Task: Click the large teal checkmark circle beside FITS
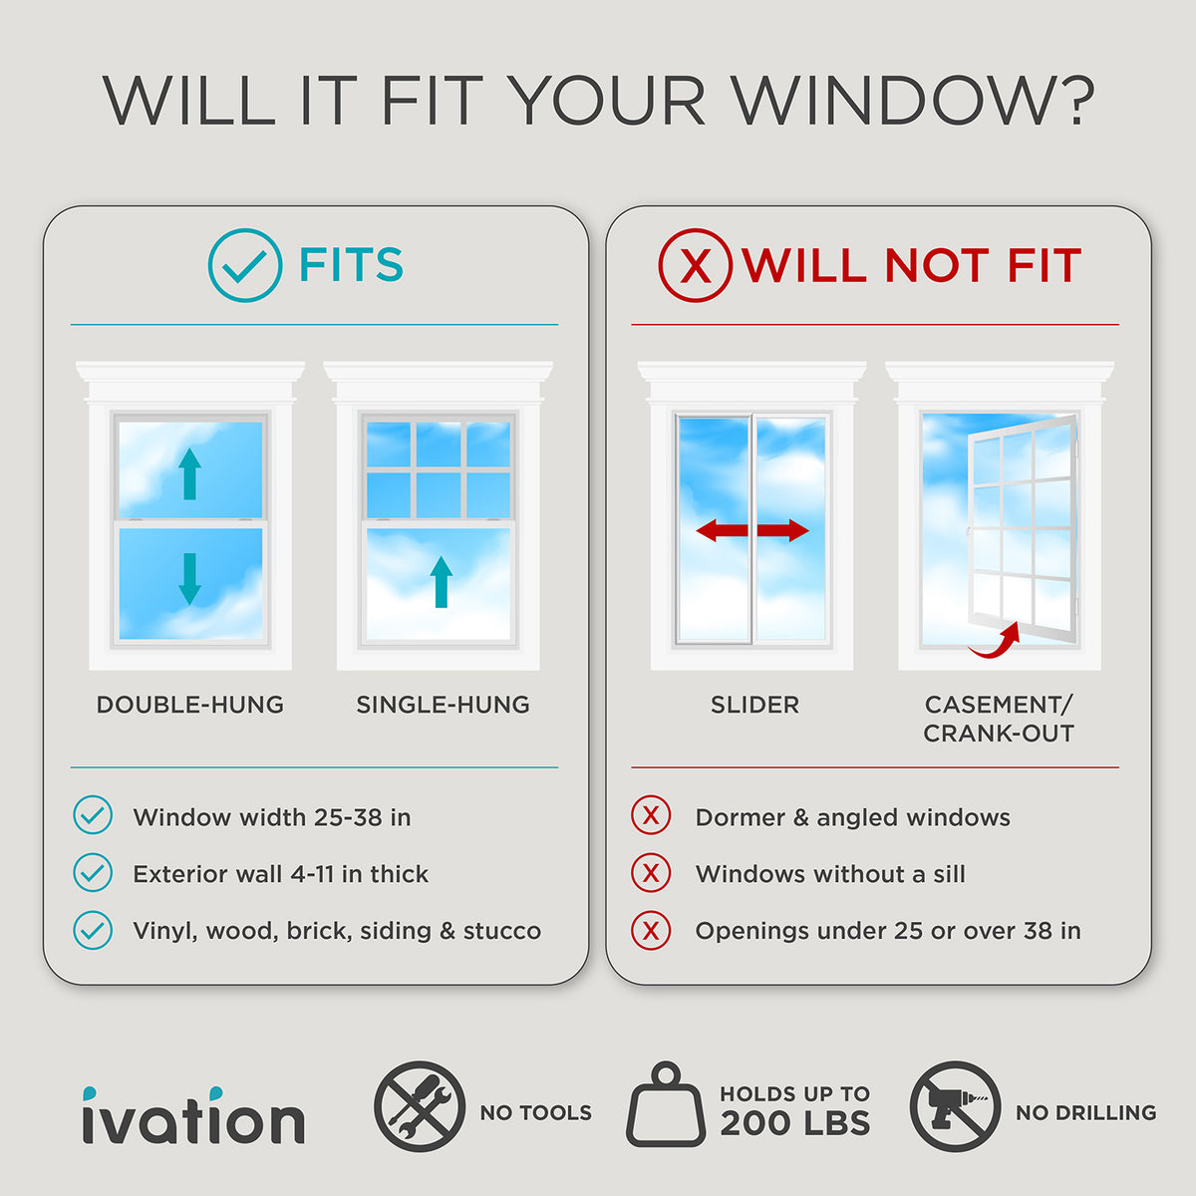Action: click(x=209, y=265)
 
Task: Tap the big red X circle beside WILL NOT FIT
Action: click(x=660, y=265)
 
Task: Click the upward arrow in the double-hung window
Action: click(x=190, y=474)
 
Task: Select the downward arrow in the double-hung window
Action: click(x=190, y=578)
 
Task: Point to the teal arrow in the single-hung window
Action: click(x=442, y=581)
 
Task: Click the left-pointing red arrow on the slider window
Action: click(x=722, y=530)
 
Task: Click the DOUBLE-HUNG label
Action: click(x=190, y=705)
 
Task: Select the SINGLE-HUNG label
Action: click(x=443, y=705)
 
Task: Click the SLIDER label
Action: click(x=754, y=705)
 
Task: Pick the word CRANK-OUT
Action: click(x=998, y=734)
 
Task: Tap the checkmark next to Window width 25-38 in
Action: click(x=93, y=815)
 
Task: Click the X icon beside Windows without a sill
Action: click(x=651, y=873)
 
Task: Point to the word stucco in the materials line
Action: click(x=502, y=931)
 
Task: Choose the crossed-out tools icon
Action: click(x=420, y=1106)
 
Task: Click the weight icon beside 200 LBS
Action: click(x=666, y=1104)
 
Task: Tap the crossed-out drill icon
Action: click(x=955, y=1106)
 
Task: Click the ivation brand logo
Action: click(x=193, y=1115)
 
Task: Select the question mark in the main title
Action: click(x=1075, y=100)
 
